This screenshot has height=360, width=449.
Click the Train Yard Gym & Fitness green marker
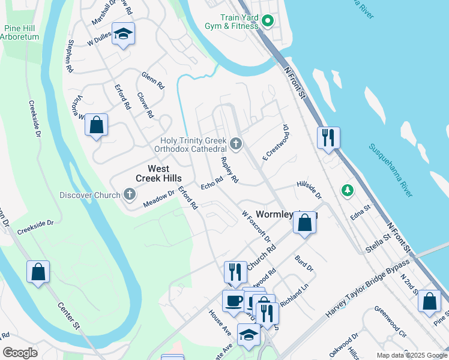(x=268, y=22)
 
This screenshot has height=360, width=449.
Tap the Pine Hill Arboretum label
(x=21, y=32)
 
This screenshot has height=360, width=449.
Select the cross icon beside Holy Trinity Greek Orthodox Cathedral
(x=236, y=144)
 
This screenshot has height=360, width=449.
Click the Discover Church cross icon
(x=129, y=194)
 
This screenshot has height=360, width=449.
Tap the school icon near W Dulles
(x=123, y=35)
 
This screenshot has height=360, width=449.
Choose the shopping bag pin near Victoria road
(x=96, y=126)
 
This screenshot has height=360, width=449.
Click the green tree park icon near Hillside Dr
(x=346, y=191)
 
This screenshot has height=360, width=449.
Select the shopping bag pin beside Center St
(x=38, y=271)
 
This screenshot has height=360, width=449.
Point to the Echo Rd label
(x=212, y=183)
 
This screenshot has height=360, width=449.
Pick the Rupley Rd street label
(x=230, y=170)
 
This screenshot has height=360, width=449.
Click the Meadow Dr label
(x=158, y=200)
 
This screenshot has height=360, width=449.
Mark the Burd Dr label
(x=304, y=263)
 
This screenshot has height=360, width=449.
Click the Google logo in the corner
(x=20, y=353)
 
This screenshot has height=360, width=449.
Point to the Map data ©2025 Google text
(x=411, y=355)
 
